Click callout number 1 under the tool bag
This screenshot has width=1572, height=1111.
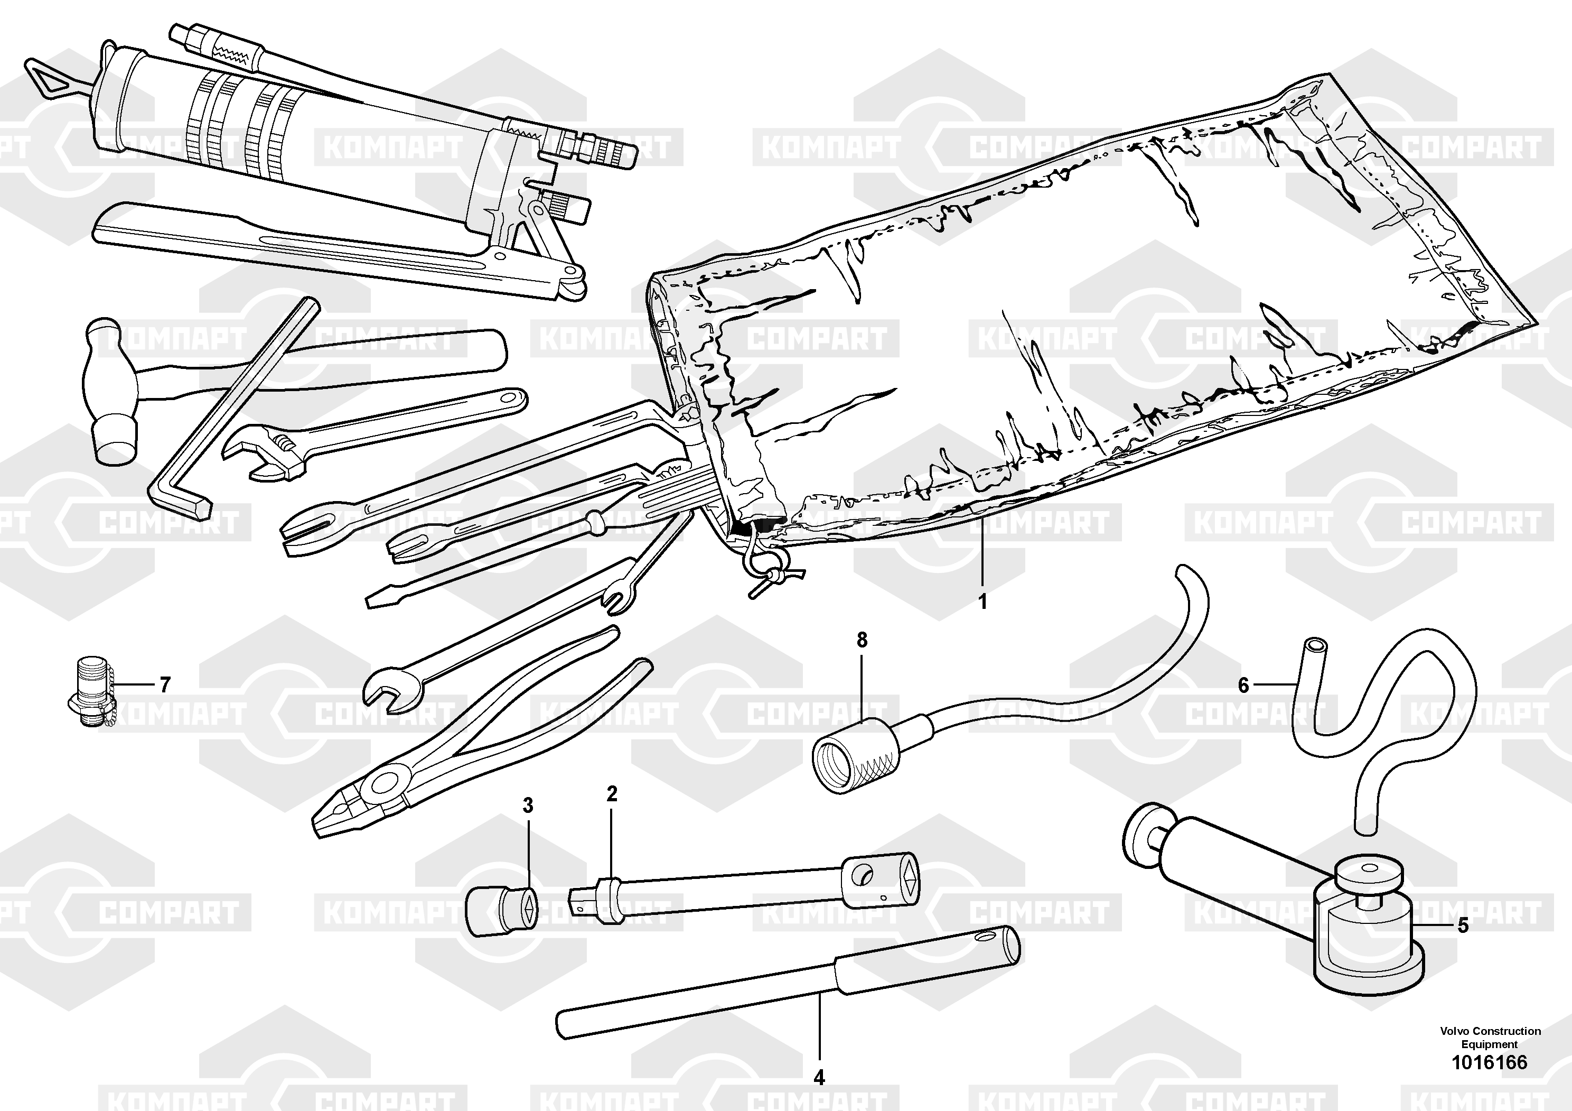pos(982,602)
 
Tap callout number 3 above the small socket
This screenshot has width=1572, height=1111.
pos(528,806)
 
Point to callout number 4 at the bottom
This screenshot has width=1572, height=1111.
pos(819,1077)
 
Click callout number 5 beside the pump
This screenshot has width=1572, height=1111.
pos(1463,926)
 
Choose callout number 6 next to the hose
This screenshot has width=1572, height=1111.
pos(1244,685)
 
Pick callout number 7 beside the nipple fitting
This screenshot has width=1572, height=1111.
pos(164,685)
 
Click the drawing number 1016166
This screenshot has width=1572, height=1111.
pos(1490,1062)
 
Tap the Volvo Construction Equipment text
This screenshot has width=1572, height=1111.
pos(1490,1037)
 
